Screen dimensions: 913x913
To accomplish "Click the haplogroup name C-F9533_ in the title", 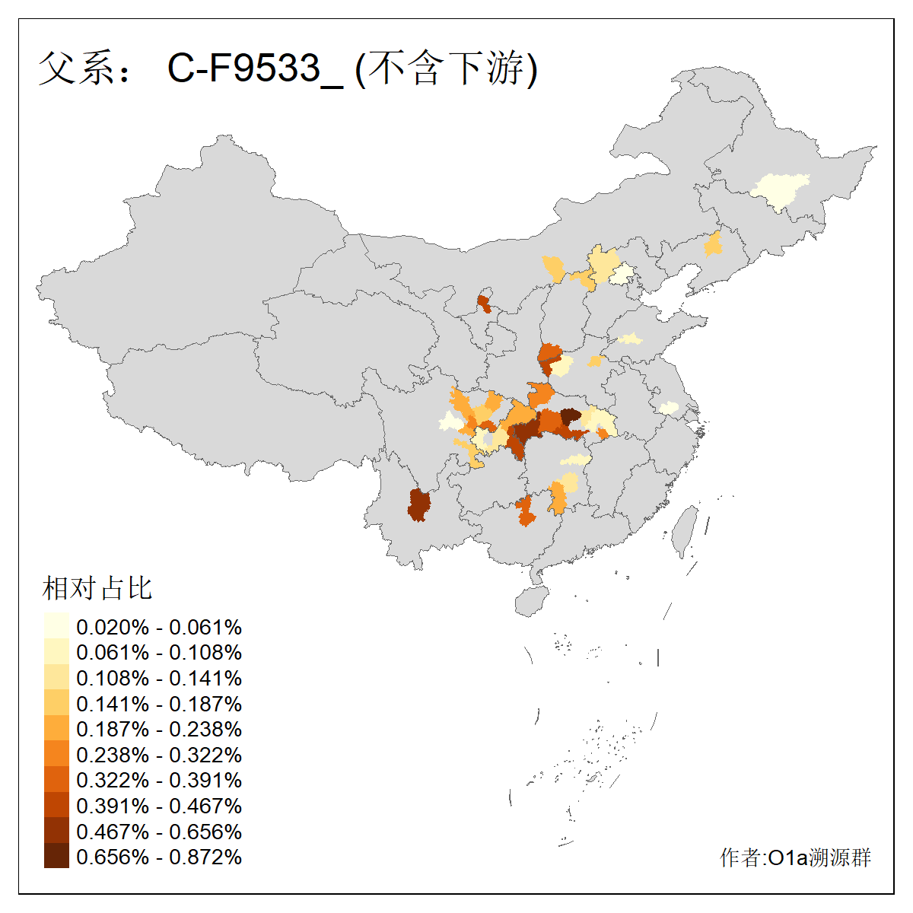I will pyautogui.click(x=256, y=68).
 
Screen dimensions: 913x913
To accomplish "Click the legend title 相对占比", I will pyautogui.click(x=97, y=588).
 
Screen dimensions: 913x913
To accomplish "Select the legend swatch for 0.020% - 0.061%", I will pyautogui.click(x=56, y=626).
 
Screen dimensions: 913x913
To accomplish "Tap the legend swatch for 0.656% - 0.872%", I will pyautogui.click(x=56, y=856).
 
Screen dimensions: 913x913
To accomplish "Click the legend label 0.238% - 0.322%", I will pyautogui.click(x=159, y=755).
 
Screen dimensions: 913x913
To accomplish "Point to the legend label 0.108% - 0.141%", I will pyautogui.click(x=159, y=678).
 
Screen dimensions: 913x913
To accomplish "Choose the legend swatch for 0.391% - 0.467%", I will pyautogui.click(x=56, y=805).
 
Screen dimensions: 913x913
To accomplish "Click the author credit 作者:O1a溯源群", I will pyautogui.click(x=795, y=857).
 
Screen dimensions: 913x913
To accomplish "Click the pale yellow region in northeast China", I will pyautogui.click(x=779, y=190).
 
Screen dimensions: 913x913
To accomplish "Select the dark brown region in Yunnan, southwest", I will pyautogui.click(x=418, y=504).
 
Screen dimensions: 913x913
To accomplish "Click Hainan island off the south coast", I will pyautogui.click(x=531, y=600).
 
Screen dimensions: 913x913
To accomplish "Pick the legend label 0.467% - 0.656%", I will pyautogui.click(x=159, y=832).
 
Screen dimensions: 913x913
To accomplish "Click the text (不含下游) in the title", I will pyautogui.click(x=447, y=68).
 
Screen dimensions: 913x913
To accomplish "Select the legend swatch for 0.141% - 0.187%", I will pyautogui.click(x=56, y=703).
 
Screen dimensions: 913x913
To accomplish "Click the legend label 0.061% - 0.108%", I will pyautogui.click(x=159, y=652).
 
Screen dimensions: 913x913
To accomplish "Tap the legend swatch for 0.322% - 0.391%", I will pyautogui.click(x=56, y=780).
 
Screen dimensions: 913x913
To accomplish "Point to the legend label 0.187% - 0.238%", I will pyautogui.click(x=159, y=729).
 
